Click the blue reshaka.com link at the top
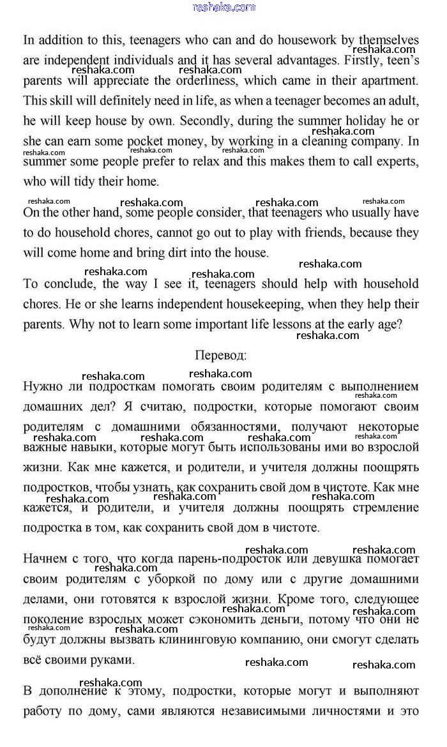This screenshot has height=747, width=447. (223, 7)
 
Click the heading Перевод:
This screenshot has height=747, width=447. (220, 354)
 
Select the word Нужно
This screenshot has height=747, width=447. (43, 386)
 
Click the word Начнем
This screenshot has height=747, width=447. (45, 559)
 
